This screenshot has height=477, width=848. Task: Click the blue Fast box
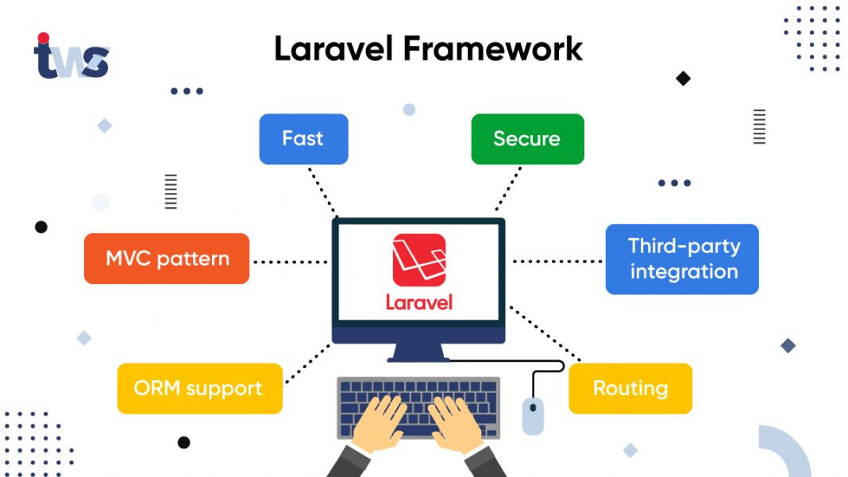(303, 139)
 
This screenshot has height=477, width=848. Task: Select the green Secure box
(527, 139)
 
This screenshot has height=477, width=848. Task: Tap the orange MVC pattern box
(167, 259)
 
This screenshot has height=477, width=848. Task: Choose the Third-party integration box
(682, 260)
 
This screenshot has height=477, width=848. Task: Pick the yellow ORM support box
(199, 389)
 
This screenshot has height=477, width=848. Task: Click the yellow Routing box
(630, 389)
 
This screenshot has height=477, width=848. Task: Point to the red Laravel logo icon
(418, 260)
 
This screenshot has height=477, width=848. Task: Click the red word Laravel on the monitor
(418, 302)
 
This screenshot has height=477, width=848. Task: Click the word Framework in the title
(493, 49)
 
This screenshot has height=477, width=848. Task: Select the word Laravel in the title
(333, 49)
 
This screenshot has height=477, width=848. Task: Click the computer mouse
(533, 415)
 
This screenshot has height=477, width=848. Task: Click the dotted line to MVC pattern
(290, 261)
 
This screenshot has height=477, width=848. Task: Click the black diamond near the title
(683, 79)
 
